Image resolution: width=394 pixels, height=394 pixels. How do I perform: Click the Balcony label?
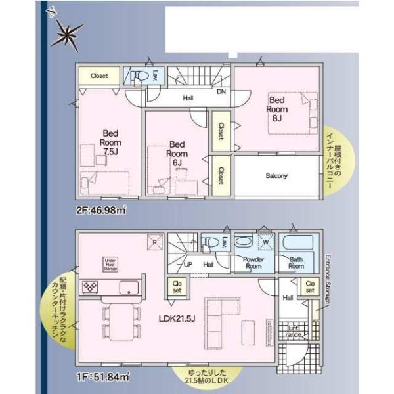click(277, 176)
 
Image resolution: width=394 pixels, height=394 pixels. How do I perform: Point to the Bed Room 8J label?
click(276, 109)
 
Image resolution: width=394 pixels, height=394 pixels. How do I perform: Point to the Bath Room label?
click(297, 263)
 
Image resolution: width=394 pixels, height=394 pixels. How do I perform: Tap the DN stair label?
click(222, 92)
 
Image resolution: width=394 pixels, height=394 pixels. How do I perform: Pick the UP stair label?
click(188, 265)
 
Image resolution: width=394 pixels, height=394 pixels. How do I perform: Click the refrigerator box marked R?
click(154, 242)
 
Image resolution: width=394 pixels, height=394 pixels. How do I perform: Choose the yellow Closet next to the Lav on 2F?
click(99, 76)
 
